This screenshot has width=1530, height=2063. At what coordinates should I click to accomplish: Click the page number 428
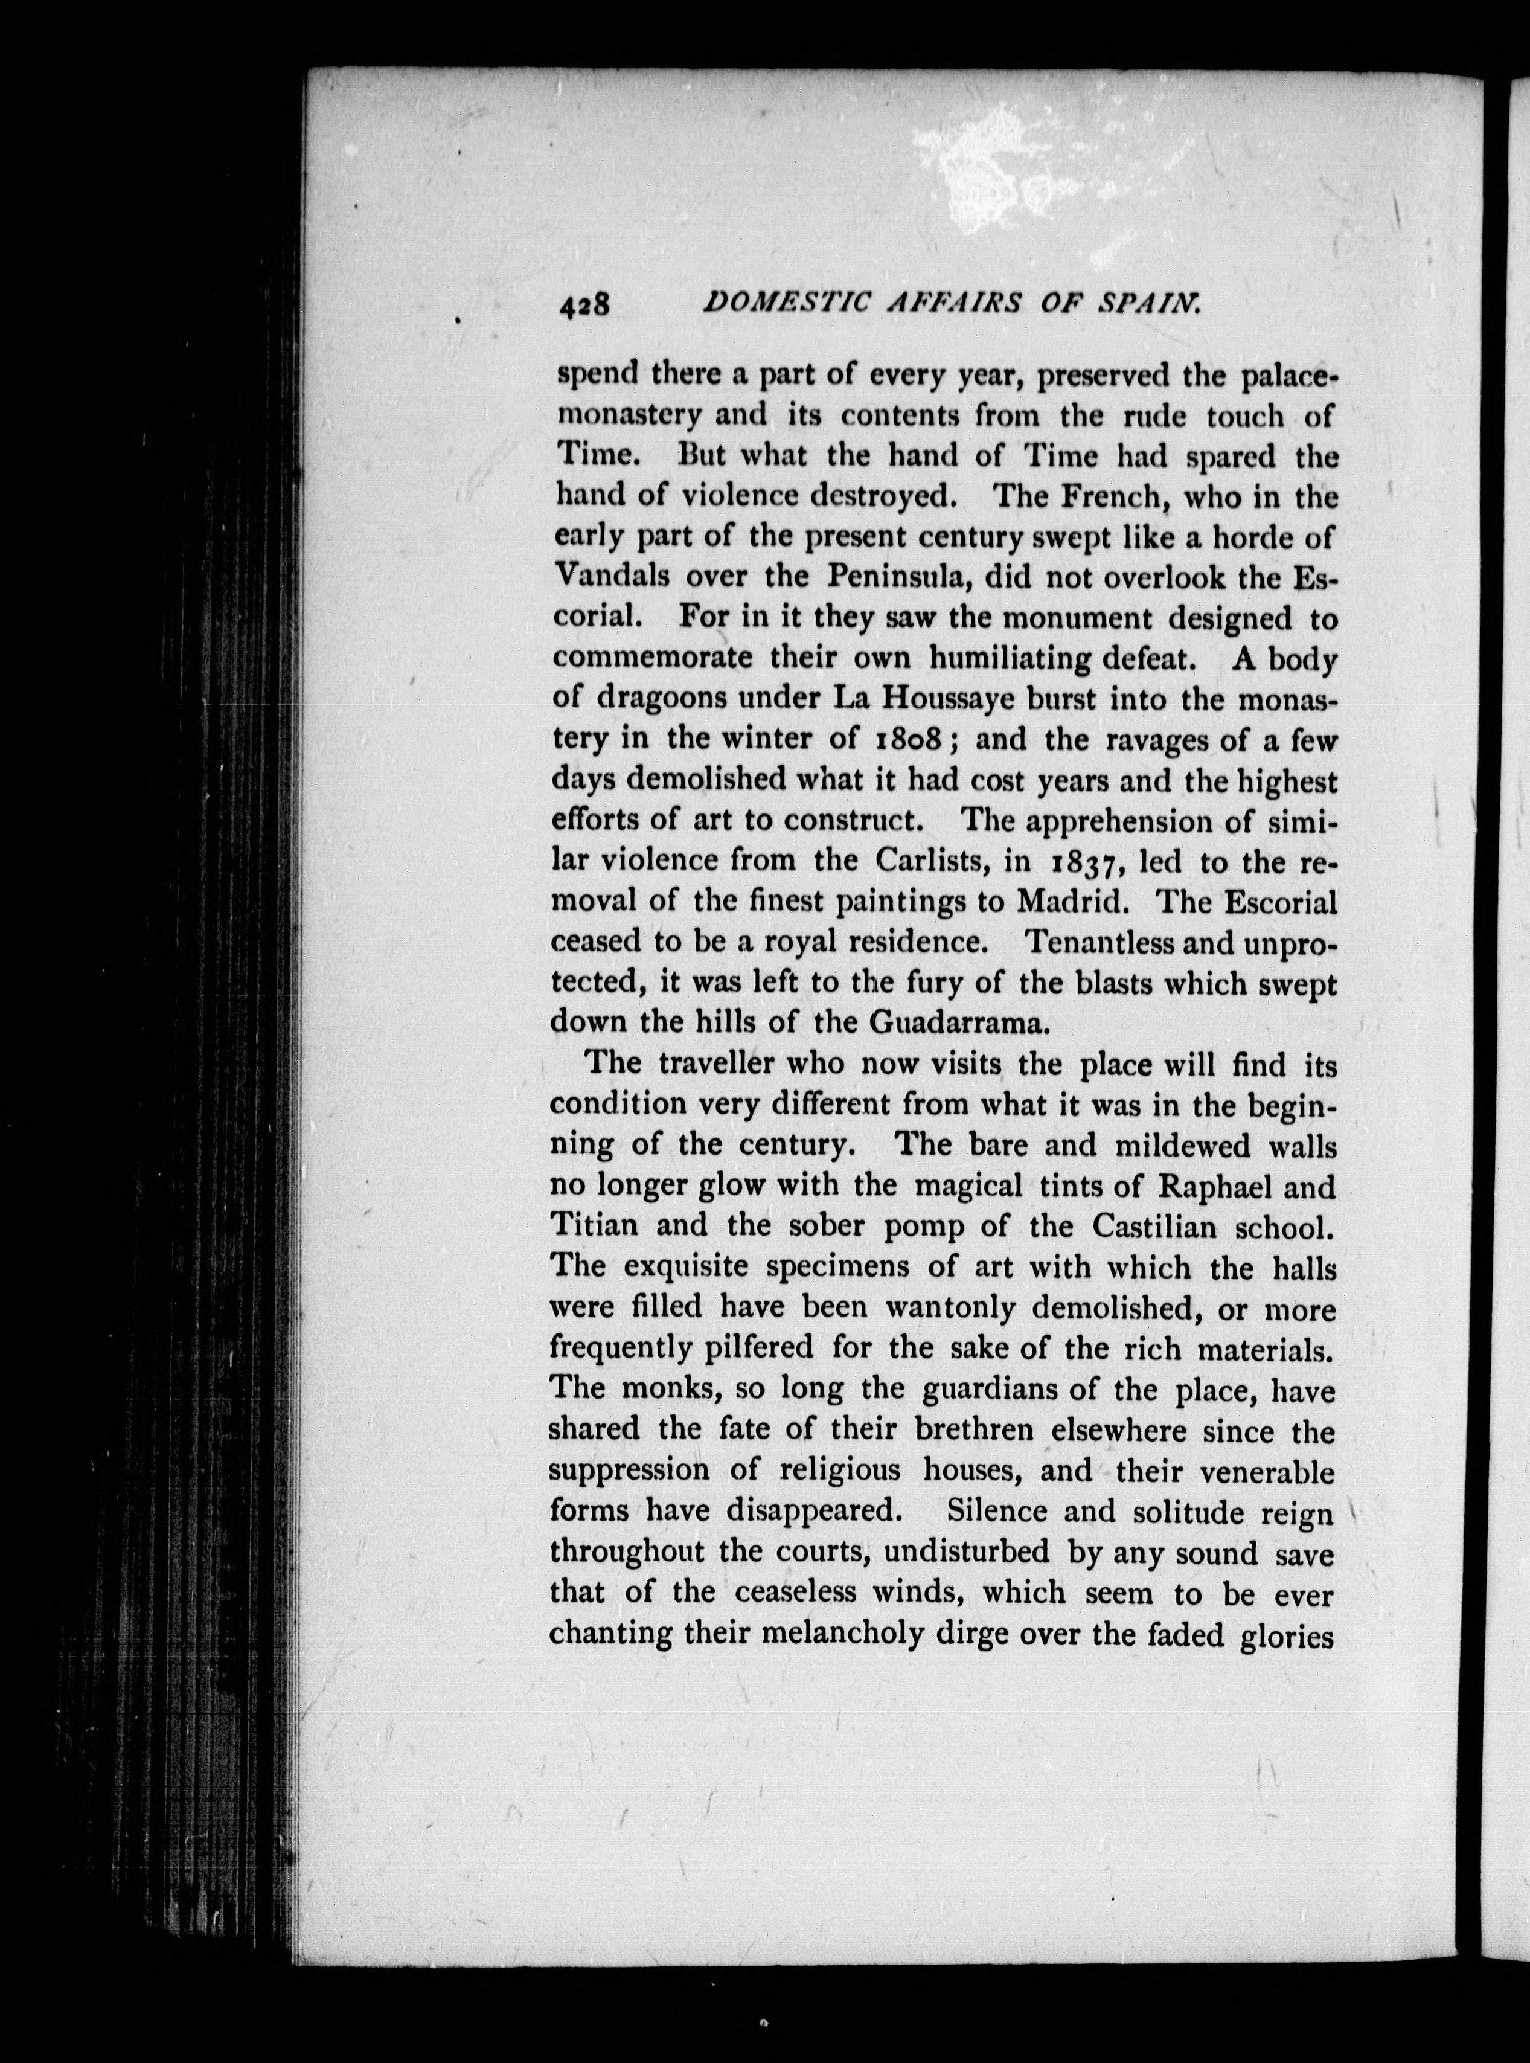583,305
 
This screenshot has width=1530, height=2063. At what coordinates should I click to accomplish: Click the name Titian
594,1227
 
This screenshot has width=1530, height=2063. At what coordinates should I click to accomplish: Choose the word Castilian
1151,1227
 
